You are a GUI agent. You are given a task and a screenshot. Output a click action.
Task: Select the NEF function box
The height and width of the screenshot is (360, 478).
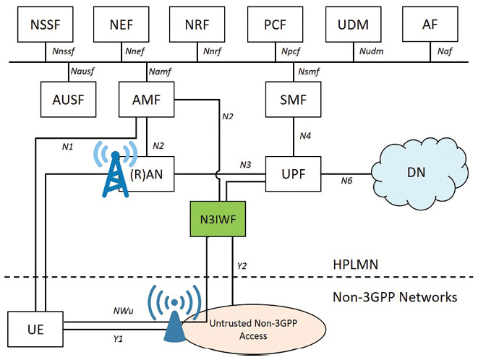click(x=123, y=25)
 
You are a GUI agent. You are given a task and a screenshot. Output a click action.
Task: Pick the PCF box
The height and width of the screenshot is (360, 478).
click(x=276, y=25)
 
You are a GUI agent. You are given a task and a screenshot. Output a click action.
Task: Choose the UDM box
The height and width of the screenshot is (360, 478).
click(x=354, y=25)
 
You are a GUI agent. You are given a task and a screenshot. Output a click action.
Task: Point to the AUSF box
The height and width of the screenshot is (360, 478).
click(x=69, y=100)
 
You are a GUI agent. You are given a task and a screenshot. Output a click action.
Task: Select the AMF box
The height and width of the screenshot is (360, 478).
click(x=147, y=100)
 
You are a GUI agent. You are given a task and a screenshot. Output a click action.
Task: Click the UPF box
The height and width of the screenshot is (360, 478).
click(x=292, y=171)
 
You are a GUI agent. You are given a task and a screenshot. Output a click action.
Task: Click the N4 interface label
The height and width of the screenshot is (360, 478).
click(x=305, y=134)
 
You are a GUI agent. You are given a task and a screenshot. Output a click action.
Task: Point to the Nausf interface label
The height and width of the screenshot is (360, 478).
click(x=83, y=71)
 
